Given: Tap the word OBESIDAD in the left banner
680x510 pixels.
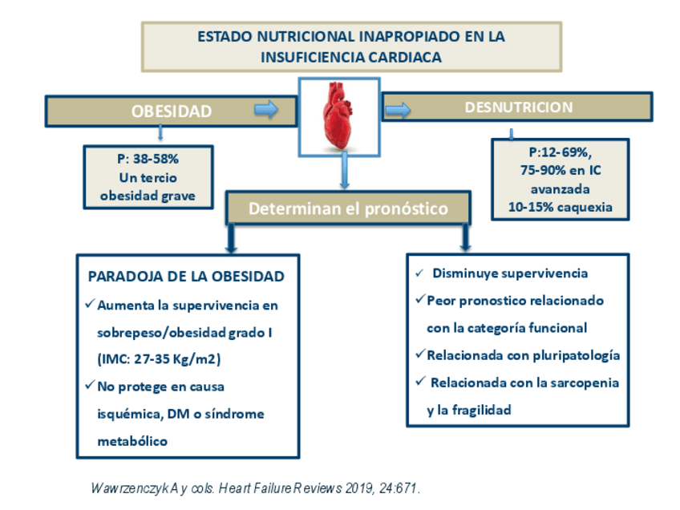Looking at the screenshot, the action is click(x=172, y=111).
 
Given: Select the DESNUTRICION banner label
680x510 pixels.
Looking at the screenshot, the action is click(x=519, y=107).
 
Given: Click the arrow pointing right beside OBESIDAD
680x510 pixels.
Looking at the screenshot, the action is click(x=265, y=109).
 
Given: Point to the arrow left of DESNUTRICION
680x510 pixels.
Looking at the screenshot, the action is click(x=399, y=108).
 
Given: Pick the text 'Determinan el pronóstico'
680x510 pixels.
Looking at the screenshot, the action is click(x=347, y=209).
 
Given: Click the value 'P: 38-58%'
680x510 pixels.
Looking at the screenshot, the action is click(x=148, y=159).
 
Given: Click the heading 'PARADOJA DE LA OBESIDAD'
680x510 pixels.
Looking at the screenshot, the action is click(x=186, y=277).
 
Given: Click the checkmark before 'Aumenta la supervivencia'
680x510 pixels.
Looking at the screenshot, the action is click(x=89, y=305).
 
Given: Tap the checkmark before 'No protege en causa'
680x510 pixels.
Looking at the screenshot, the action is click(x=89, y=386).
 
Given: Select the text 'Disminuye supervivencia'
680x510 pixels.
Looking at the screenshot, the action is click(x=510, y=273).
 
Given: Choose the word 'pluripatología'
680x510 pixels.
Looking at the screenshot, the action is click(x=576, y=354).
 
